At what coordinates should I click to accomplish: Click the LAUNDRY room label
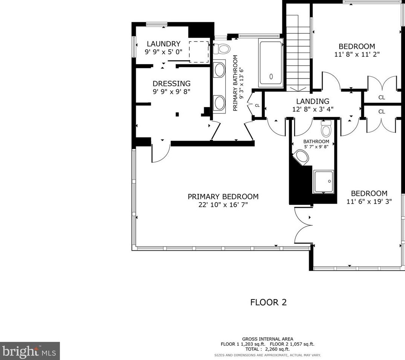pos(164,44)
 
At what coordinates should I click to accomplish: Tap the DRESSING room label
pos(171,84)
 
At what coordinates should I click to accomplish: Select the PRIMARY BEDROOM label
pos(223,197)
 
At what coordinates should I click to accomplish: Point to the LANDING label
pos(312,101)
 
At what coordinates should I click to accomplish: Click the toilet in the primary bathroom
pos(221,48)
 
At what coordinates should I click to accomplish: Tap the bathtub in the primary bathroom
pos(271,63)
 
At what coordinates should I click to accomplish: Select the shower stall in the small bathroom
pos(324,182)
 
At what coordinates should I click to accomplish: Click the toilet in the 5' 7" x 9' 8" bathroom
pos(326,128)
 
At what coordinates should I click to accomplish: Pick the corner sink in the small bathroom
pos(301,157)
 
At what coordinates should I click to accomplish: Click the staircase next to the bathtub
pos(298,53)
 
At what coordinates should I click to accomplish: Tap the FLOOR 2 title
pos(268,302)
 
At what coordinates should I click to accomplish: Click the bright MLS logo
pos(30,351)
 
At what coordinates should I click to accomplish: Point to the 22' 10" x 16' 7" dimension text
pos(223,205)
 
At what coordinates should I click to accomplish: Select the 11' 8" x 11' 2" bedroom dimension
pos(357,54)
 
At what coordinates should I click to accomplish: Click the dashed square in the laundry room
pos(199,51)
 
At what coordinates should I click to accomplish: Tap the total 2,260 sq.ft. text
pos(268,349)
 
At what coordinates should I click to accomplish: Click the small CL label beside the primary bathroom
pos(257,106)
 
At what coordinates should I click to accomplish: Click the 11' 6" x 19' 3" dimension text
pos(369,201)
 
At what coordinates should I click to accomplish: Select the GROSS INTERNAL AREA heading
pos(268,339)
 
